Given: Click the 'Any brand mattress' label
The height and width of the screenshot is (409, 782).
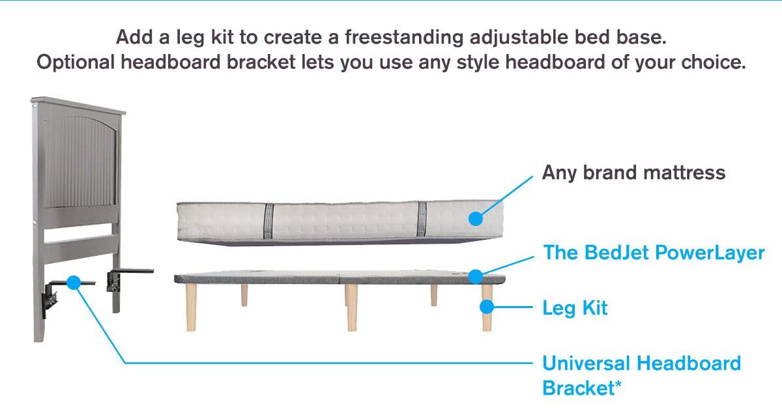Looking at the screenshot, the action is point(633,173).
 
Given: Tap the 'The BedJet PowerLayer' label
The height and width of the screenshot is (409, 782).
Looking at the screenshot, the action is point(654,253).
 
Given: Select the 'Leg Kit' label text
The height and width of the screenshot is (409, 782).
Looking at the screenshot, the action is point(575,308).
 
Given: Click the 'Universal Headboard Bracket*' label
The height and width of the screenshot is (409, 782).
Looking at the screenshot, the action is point(641,376).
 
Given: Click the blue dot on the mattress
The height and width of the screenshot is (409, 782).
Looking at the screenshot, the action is point(476,219).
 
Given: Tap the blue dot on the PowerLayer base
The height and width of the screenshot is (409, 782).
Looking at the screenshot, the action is point(476,276).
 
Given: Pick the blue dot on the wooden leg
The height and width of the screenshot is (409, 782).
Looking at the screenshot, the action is point(487,307).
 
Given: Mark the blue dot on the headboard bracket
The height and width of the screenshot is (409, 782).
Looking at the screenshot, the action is point(73,282).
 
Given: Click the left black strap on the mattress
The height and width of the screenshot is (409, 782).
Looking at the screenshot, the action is point(268,221).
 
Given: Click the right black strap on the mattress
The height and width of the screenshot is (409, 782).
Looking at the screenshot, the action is point(422,219).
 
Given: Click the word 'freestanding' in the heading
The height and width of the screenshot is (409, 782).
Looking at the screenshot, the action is point(404,38).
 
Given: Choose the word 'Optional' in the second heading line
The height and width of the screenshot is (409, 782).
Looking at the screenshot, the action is point(76,63).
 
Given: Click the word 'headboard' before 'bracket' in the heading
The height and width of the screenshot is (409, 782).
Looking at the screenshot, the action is point(171,62).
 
